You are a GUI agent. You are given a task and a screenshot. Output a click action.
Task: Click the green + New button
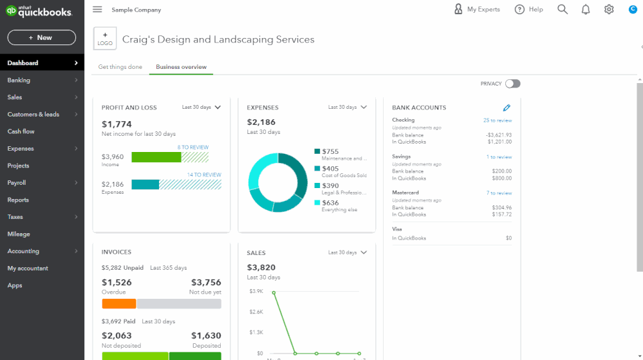(x=42, y=37)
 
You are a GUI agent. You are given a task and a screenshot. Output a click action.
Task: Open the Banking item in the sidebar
(x=19, y=80)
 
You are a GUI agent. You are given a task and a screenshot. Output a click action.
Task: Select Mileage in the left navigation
(x=19, y=234)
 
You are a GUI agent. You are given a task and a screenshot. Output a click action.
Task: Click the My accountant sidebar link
(x=28, y=268)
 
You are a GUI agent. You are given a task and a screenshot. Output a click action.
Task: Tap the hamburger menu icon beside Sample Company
(x=97, y=10)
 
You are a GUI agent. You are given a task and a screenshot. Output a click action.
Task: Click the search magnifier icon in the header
(x=563, y=10)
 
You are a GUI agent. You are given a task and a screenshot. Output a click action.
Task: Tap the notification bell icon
(x=586, y=10)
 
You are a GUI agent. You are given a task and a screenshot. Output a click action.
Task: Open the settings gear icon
(x=609, y=10)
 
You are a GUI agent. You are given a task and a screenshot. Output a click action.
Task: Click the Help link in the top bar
(x=529, y=10)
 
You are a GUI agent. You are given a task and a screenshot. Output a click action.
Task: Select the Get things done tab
(x=120, y=67)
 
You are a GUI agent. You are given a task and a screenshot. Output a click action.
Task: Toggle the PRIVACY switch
(x=512, y=84)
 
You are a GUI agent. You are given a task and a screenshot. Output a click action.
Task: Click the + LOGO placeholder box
(x=105, y=39)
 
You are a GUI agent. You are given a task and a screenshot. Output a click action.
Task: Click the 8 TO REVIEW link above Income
(x=193, y=147)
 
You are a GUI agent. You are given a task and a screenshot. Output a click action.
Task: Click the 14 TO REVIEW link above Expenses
(x=204, y=175)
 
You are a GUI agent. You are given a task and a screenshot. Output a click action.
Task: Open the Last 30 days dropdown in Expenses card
(x=347, y=108)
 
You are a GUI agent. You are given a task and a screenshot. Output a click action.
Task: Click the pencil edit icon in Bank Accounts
(x=507, y=108)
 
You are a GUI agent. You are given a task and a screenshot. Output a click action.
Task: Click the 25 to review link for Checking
(x=498, y=120)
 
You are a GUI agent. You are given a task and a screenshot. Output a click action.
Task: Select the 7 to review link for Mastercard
(x=499, y=193)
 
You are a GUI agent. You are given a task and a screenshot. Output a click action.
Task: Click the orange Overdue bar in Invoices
(x=119, y=303)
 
